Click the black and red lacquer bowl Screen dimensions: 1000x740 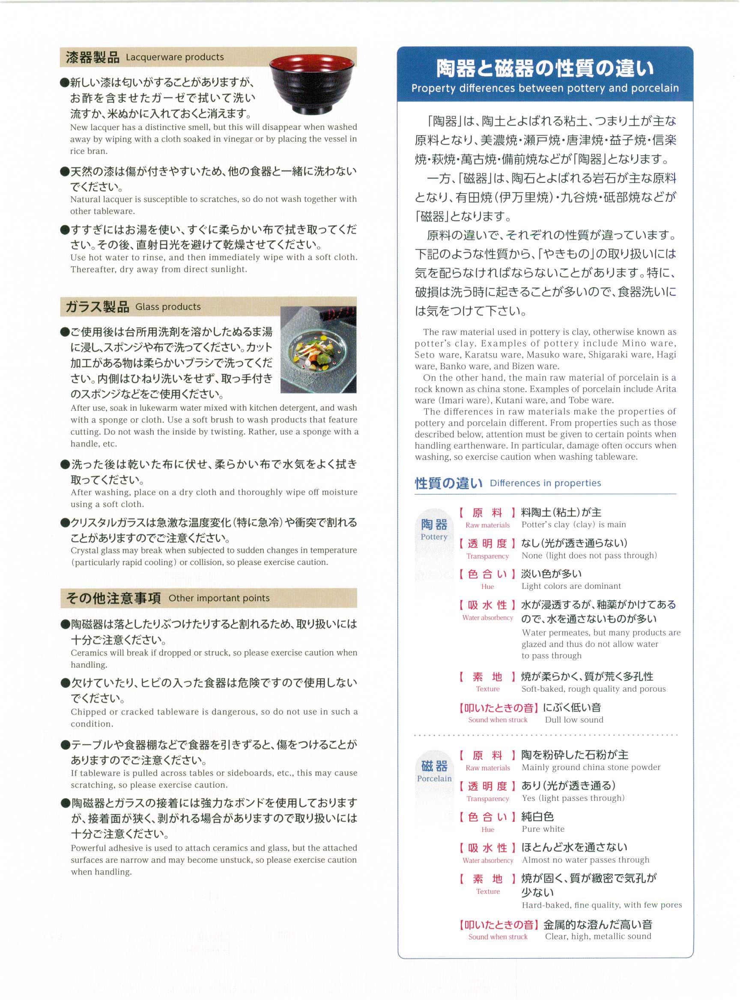[x=312, y=85]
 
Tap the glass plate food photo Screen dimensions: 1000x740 [x=318, y=350]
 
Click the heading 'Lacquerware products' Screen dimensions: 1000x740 [x=175, y=57]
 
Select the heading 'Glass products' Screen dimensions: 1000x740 [x=168, y=307]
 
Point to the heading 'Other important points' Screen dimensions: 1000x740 [x=219, y=598]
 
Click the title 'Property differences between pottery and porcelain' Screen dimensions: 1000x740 [x=545, y=88]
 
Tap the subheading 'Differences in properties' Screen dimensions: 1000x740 [x=545, y=483]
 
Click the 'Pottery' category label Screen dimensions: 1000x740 [x=434, y=537]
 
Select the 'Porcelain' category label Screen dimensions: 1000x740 [x=434, y=779]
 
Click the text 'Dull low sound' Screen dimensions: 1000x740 [x=574, y=720]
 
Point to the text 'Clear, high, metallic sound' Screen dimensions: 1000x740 [x=598, y=936]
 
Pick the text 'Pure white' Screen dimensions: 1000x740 [x=543, y=829]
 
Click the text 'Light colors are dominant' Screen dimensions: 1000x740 [x=571, y=586]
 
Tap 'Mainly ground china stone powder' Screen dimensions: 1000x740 [x=591, y=768]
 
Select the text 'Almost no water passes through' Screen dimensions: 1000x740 [x=585, y=860]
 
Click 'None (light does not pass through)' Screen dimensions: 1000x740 [x=589, y=556]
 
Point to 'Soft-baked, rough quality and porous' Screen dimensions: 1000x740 [x=594, y=689]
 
